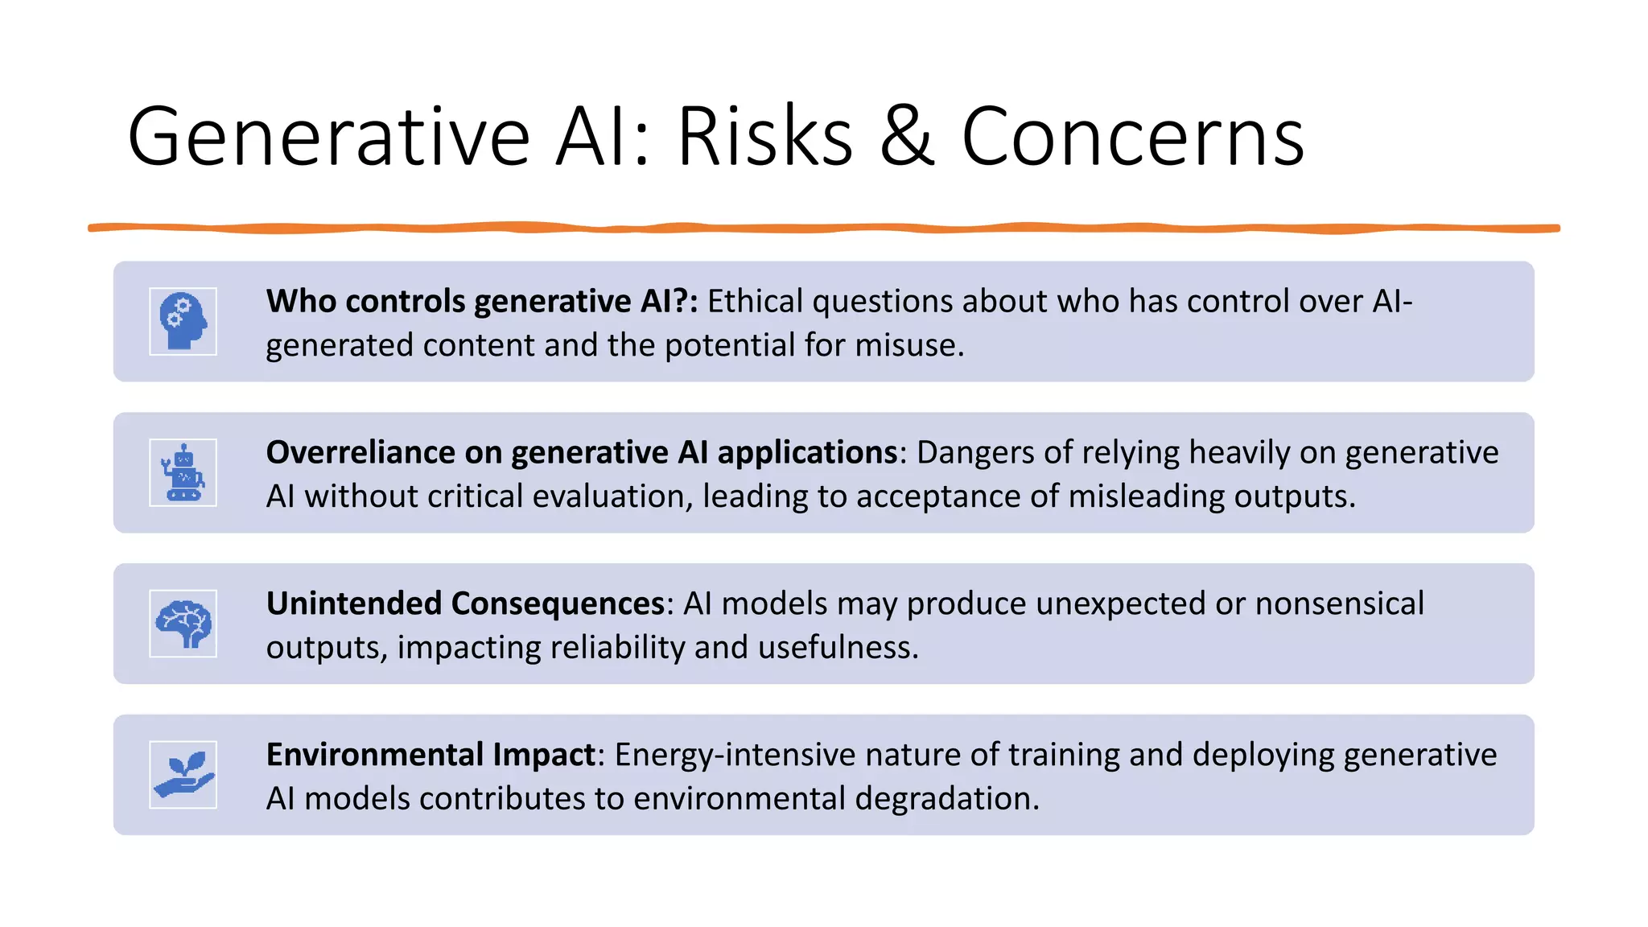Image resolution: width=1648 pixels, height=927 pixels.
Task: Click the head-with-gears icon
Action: (x=183, y=321)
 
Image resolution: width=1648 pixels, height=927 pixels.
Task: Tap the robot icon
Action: (x=183, y=472)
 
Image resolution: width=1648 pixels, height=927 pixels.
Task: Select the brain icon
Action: (x=183, y=624)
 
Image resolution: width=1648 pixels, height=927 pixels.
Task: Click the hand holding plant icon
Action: (x=183, y=775)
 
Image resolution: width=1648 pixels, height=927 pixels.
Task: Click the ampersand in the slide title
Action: (x=907, y=137)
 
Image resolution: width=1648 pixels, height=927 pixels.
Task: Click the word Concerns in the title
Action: (x=1132, y=137)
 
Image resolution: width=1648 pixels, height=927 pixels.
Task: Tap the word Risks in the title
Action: (x=764, y=137)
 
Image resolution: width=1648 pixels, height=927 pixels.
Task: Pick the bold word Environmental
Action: (x=374, y=755)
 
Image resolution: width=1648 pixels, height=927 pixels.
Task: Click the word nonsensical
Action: (x=1339, y=604)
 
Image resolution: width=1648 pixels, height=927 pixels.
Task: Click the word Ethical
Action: (x=755, y=301)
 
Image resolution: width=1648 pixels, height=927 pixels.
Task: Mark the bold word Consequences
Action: (x=558, y=604)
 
